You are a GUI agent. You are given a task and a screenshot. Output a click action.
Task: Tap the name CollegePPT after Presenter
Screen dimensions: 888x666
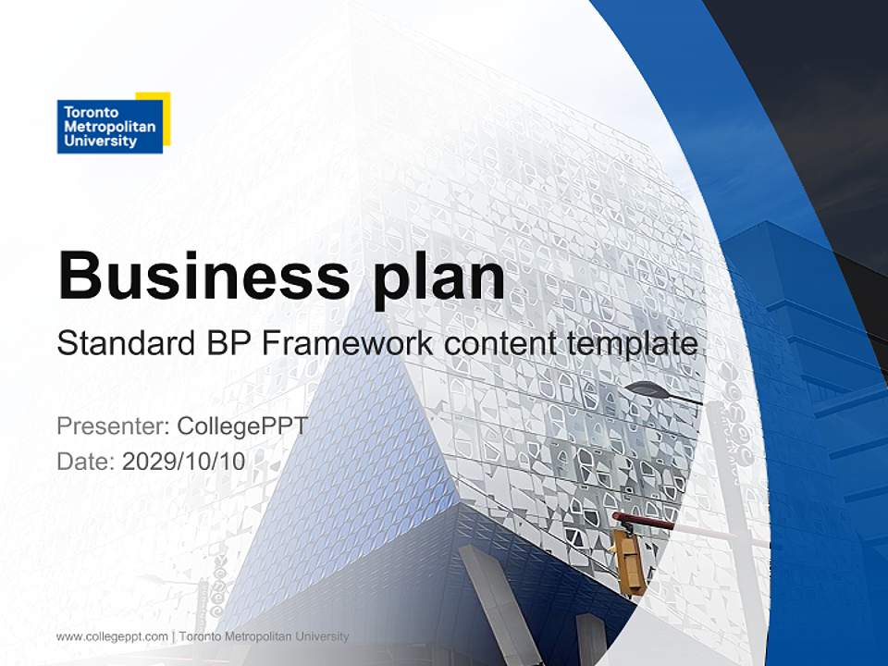pyautogui.click(x=241, y=426)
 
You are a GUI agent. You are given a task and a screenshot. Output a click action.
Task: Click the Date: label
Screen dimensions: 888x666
pyautogui.click(x=86, y=461)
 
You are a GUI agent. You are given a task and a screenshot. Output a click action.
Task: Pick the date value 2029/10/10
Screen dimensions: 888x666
pyautogui.click(x=184, y=461)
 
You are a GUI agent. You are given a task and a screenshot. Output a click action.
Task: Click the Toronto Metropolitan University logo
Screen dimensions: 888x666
pyautogui.click(x=111, y=124)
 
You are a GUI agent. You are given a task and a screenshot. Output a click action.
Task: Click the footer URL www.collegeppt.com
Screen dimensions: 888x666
pyautogui.click(x=112, y=636)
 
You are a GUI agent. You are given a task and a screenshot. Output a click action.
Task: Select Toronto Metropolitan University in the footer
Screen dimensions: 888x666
pyautogui.click(x=264, y=636)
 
